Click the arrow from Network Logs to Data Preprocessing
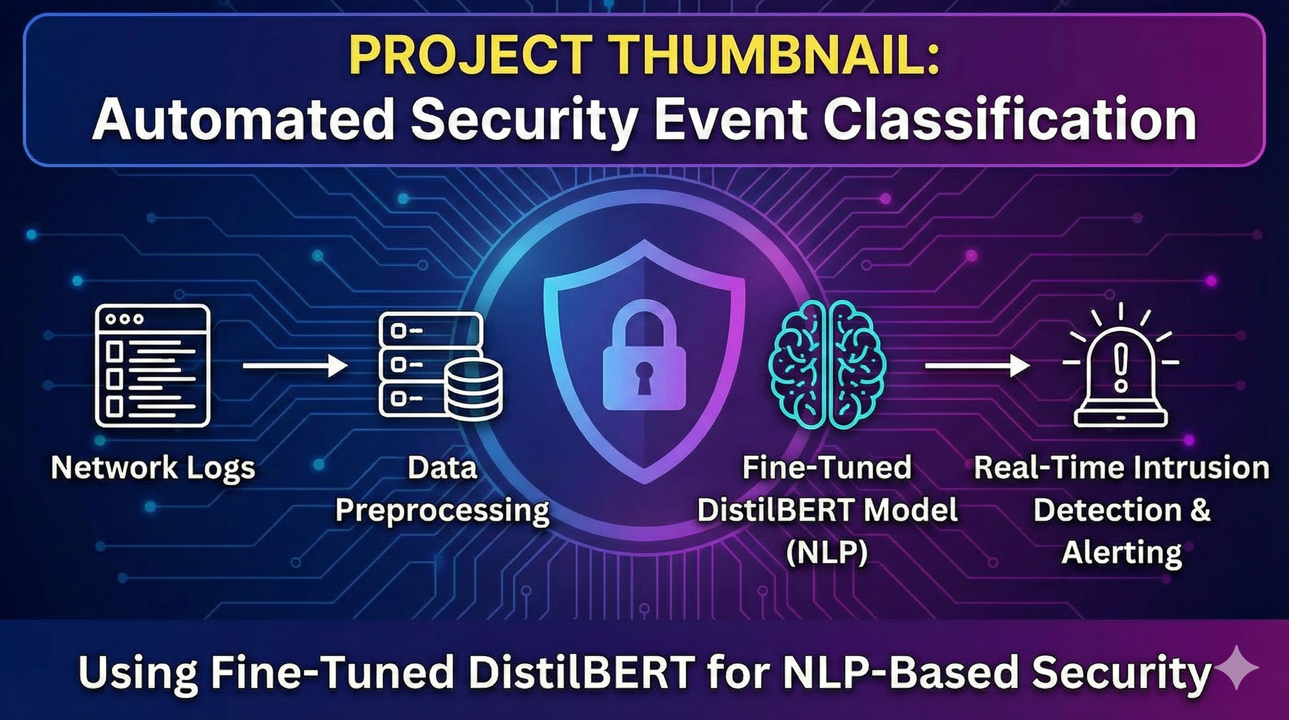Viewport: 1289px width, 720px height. tap(295, 366)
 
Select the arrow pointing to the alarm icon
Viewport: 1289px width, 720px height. tap(977, 366)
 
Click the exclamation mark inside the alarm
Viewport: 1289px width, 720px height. tap(1121, 368)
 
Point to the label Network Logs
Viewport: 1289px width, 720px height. tap(153, 468)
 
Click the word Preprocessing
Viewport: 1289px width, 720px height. tap(442, 511)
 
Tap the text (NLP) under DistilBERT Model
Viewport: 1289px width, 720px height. tap(827, 553)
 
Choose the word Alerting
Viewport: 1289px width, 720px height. tap(1121, 553)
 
